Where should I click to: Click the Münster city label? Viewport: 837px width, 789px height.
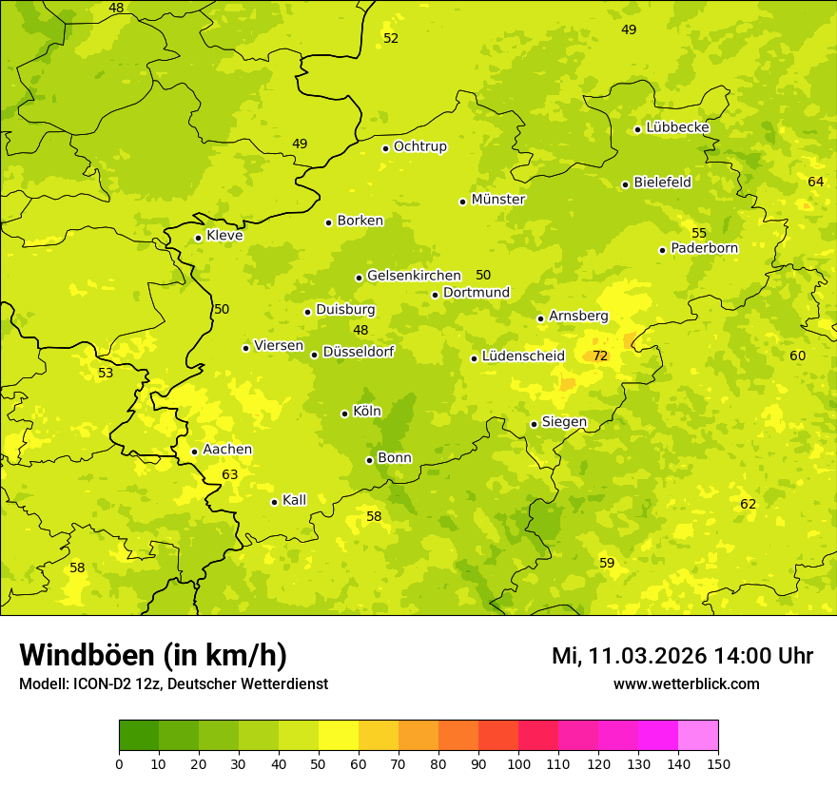coord(498,200)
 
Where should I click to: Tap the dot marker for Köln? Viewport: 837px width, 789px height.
coord(344,414)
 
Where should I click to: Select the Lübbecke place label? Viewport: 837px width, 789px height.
coord(677,127)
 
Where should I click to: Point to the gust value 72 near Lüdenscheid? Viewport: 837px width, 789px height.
coord(600,356)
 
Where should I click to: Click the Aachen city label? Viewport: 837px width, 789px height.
coord(227,450)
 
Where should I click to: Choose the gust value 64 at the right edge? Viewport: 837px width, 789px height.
coord(816,182)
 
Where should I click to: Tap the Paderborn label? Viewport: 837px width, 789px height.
coord(704,248)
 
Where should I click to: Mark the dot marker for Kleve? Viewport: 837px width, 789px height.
coord(198,238)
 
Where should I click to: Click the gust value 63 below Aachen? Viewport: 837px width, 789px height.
coord(230,474)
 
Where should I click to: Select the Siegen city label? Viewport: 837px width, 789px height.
coord(564,422)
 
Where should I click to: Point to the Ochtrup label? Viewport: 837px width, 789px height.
coord(419,146)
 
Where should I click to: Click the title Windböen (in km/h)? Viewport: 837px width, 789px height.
coord(153,655)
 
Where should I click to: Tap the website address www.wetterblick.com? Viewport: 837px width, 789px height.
coord(686,683)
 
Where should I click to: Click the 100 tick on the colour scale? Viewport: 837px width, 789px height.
coord(518,763)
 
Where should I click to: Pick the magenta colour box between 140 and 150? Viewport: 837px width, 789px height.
coord(698,736)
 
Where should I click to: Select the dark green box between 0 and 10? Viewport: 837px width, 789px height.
coord(139,736)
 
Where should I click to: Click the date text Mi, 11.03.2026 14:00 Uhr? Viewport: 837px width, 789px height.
coord(682,656)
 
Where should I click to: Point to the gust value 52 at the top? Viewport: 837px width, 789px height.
coord(391,38)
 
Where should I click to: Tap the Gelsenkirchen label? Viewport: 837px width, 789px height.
coord(414,276)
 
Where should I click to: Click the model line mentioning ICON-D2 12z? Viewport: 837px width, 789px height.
coord(173,683)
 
